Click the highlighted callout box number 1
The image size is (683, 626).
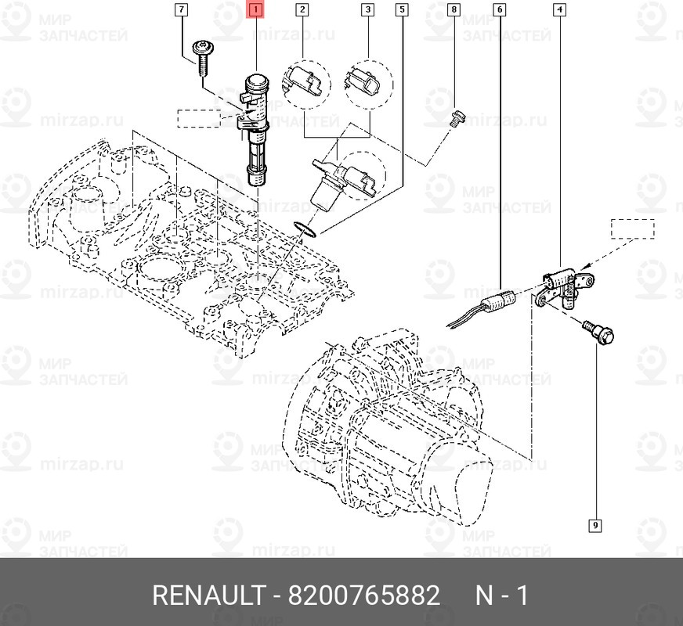coord(256,10)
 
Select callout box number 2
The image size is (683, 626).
coord(302,10)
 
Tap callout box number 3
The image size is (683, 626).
coord(367,10)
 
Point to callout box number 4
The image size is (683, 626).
coord(559,10)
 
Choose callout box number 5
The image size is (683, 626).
coord(402,10)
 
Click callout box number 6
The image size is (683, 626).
coord(499,10)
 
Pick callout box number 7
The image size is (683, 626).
coord(182,10)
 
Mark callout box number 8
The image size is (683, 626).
coord(454,10)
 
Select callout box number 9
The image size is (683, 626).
coord(595,524)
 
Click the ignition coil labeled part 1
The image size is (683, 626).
coord(256,129)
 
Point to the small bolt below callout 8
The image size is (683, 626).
coord(457,118)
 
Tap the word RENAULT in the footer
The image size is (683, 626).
coord(208,596)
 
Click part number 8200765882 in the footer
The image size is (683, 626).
coord(364,596)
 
